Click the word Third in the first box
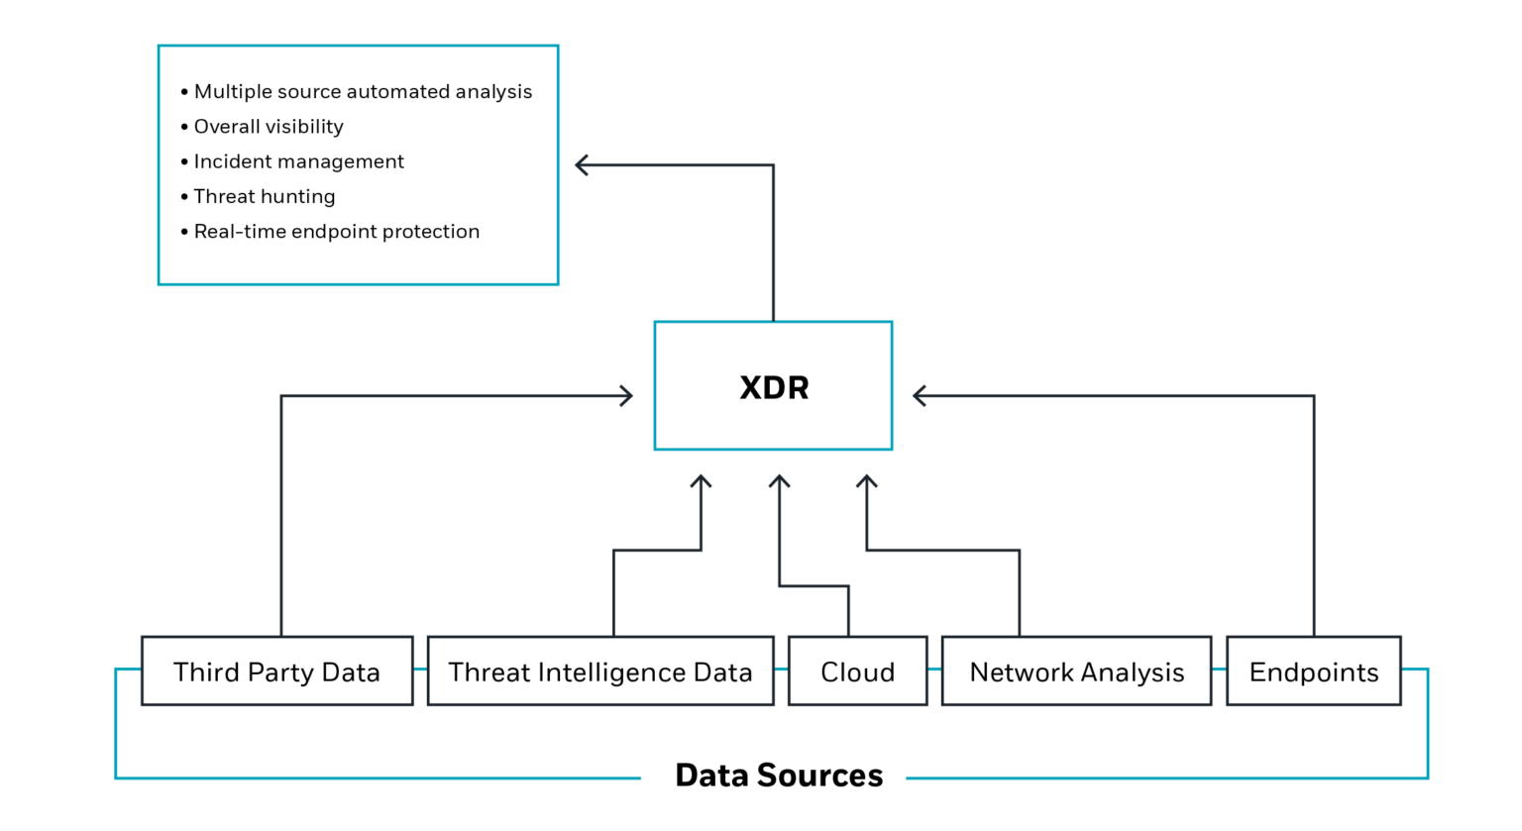tap(206, 673)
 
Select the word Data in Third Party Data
tap(351, 673)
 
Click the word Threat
tap(489, 673)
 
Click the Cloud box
tap(857, 672)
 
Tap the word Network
tap(1019, 673)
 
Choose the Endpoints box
tap(1313, 672)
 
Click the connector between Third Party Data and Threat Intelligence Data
tap(420, 674)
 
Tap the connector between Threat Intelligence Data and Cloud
tap(781, 674)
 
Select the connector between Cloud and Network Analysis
tap(934, 674)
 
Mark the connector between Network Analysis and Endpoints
tap(1219, 674)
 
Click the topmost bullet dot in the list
tap(184, 93)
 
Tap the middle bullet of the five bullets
tap(184, 162)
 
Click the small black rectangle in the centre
tap(814, 410)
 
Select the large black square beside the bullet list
tap(443, 182)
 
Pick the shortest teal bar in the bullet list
tap(219, 109)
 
